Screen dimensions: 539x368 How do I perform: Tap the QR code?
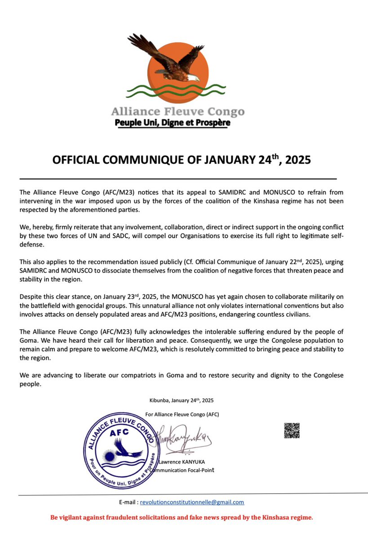click(x=292, y=430)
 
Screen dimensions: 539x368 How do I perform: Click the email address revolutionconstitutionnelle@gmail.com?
click(x=192, y=503)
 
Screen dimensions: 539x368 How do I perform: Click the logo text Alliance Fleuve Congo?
click(x=178, y=111)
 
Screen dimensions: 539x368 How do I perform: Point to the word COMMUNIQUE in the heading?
click(x=142, y=160)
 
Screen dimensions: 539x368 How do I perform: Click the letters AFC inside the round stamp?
click(x=120, y=432)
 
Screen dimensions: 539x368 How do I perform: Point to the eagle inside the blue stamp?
click(x=123, y=449)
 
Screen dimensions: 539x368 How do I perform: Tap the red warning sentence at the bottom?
click(x=182, y=517)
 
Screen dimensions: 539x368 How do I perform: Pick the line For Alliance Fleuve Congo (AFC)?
click(x=182, y=414)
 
